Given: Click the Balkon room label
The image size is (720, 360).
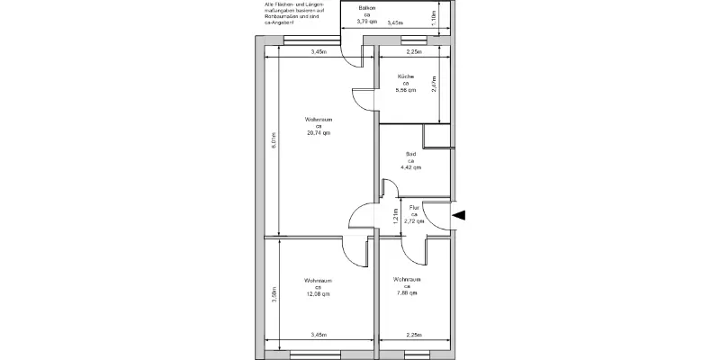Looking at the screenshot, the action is click(365, 8).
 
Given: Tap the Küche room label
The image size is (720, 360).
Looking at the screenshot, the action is click(406, 76).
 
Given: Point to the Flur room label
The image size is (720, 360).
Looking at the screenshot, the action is click(415, 208).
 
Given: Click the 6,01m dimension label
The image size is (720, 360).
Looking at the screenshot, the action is click(274, 140).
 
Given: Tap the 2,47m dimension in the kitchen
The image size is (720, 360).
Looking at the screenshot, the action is click(434, 85).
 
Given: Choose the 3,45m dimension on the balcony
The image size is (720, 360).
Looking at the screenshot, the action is click(394, 22).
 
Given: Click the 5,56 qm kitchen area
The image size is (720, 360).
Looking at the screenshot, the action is click(407, 91).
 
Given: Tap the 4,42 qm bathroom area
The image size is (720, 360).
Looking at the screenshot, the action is click(411, 168).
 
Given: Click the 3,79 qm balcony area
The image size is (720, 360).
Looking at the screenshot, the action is click(365, 23).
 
